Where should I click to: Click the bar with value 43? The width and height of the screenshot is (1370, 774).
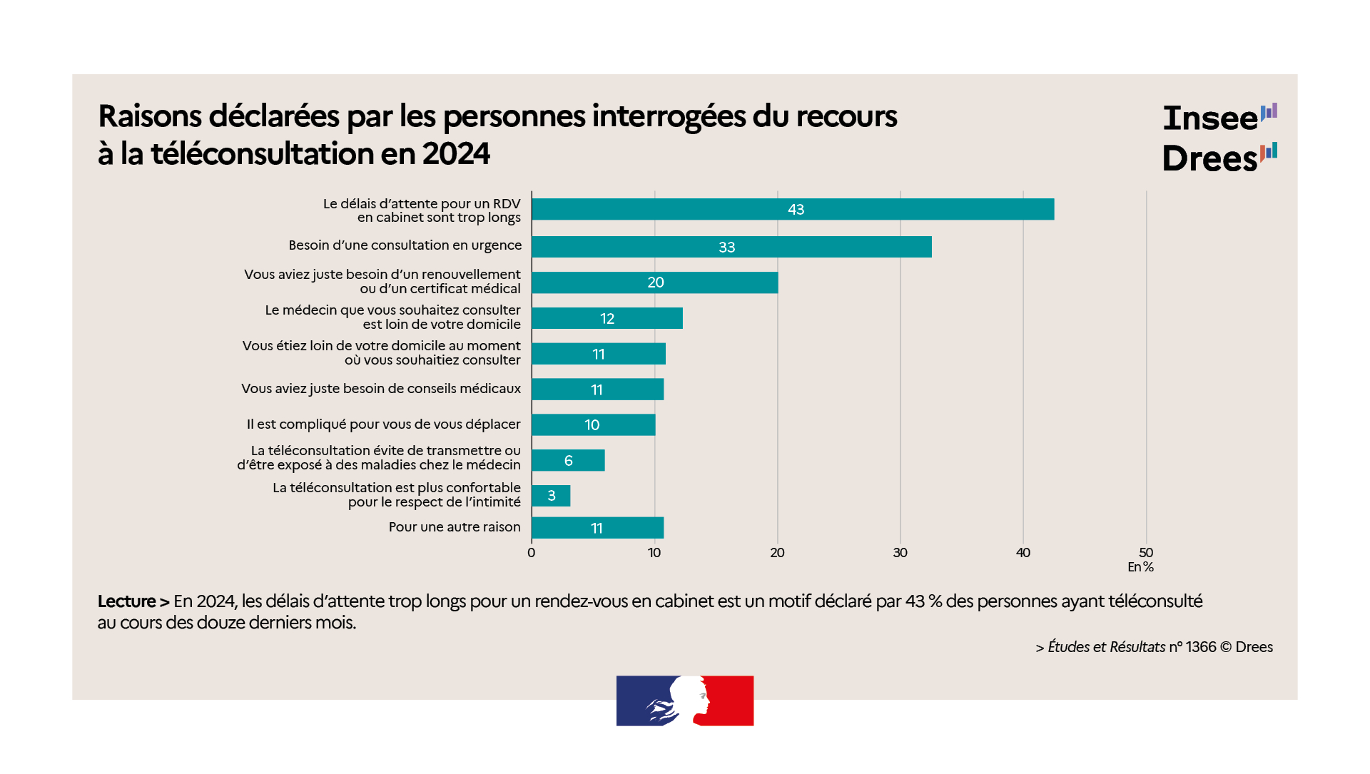(x=792, y=209)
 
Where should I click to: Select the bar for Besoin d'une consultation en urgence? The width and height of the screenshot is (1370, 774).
(x=731, y=247)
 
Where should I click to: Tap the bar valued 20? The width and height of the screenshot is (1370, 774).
(x=654, y=282)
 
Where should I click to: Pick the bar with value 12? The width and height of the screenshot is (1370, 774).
(x=607, y=318)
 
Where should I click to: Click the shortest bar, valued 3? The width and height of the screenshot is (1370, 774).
(x=551, y=496)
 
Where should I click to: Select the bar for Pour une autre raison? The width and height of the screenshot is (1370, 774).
(x=597, y=528)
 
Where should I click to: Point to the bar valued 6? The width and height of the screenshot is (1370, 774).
(x=568, y=460)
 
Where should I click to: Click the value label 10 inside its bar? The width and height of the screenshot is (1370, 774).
(x=592, y=425)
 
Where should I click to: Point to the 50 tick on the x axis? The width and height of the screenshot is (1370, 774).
(x=1146, y=553)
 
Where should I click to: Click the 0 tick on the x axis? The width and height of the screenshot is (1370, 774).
(x=532, y=553)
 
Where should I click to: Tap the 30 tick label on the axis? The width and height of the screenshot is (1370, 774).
(x=900, y=553)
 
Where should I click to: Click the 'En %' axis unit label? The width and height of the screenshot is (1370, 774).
(x=1140, y=567)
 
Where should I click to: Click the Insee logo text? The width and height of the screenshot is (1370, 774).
(x=1210, y=118)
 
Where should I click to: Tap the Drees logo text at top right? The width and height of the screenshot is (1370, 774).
(x=1209, y=158)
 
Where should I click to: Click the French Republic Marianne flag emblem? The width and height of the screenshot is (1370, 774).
(x=685, y=701)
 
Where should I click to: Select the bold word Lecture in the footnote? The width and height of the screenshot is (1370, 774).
(x=127, y=601)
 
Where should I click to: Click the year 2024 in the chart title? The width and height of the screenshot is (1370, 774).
(x=456, y=153)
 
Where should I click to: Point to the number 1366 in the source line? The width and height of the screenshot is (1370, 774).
(x=1201, y=647)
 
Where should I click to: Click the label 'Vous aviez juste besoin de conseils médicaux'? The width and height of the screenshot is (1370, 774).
(x=381, y=389)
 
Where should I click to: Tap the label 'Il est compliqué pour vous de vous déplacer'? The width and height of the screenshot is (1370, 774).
(x=383, y=424)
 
